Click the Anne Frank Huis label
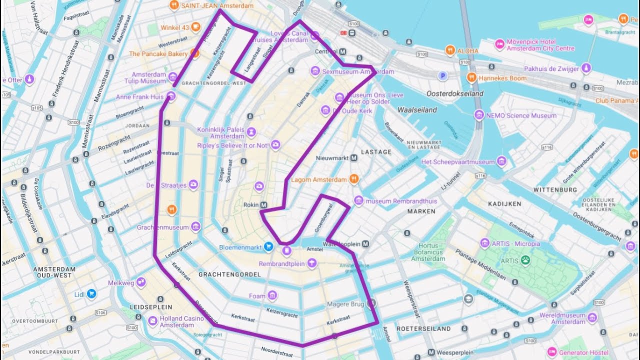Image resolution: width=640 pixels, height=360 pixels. pyautogui.click(x=139, y=97)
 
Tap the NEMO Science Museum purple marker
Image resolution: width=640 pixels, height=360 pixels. pyautogui.click(x=479, y=115)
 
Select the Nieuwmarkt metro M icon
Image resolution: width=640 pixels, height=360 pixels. pyautogui.click(x=354, y=158)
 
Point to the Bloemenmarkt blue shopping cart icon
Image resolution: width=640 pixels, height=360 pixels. pyautogui.click(x=268, y=246)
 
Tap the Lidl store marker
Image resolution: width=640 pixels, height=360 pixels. pyautogui.click(x=91, y=294)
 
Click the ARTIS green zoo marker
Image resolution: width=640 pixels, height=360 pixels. pyautogui.click(x=525, y=260)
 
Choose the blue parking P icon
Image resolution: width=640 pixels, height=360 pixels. pyautogui.click(x=442, y=76)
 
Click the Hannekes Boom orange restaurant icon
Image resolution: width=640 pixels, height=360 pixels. pyautogui.click(x=471, y=77)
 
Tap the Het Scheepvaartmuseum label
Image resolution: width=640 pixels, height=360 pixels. pyautogui.click(x=458, y=162)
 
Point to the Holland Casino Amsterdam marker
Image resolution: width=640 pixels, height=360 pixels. pyautogui.click(x=152, y=320)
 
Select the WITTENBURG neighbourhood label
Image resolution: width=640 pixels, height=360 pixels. pyautogui.click(x=555, y=190)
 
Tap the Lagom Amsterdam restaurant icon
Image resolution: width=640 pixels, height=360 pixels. pyautogui.click(x=354, y=178)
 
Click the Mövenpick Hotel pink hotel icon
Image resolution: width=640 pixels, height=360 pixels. pyautogui.click(x=499, y=44)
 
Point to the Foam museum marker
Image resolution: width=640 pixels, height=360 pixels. pyautogui.click(x=272, y=295)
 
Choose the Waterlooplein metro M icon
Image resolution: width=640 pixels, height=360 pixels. pyautogui.click(x=365, y=244)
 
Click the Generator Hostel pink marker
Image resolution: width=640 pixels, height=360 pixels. pyautogui.click(x=551, y=352)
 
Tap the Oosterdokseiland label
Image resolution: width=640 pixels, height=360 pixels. pyautogui.click(x=454, y=93)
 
